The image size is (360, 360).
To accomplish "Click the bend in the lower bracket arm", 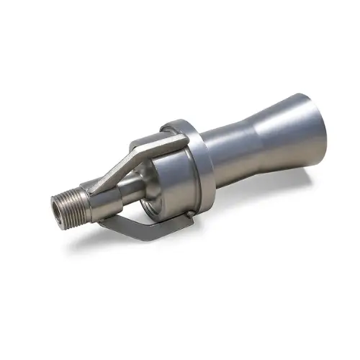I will coord(108,224).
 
